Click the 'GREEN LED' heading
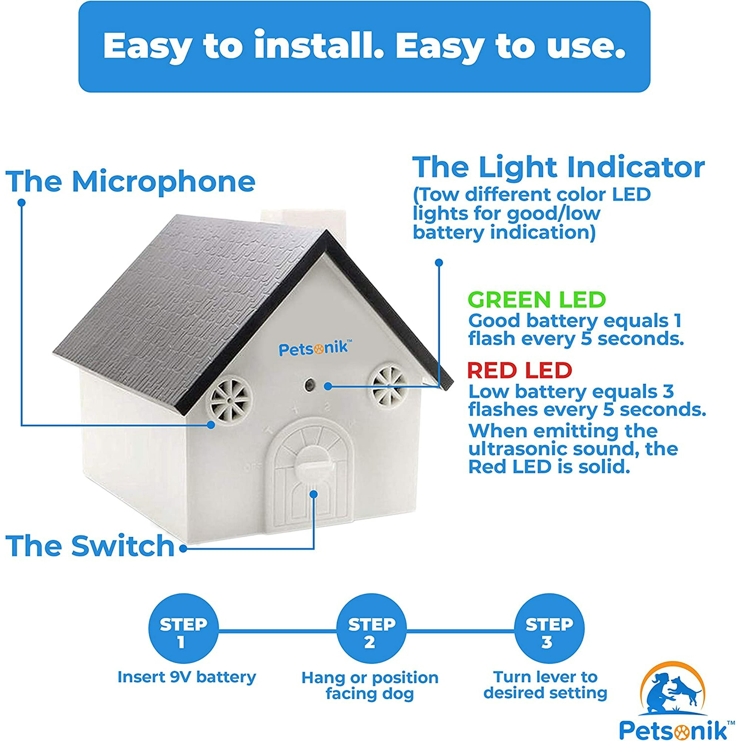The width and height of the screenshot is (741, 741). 536,299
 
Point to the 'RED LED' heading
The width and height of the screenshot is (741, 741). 520,370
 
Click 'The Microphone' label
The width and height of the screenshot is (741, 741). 130,181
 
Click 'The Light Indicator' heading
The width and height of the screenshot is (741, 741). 558,167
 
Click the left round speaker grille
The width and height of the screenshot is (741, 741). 229,400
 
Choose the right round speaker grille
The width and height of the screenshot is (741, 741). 388,385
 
